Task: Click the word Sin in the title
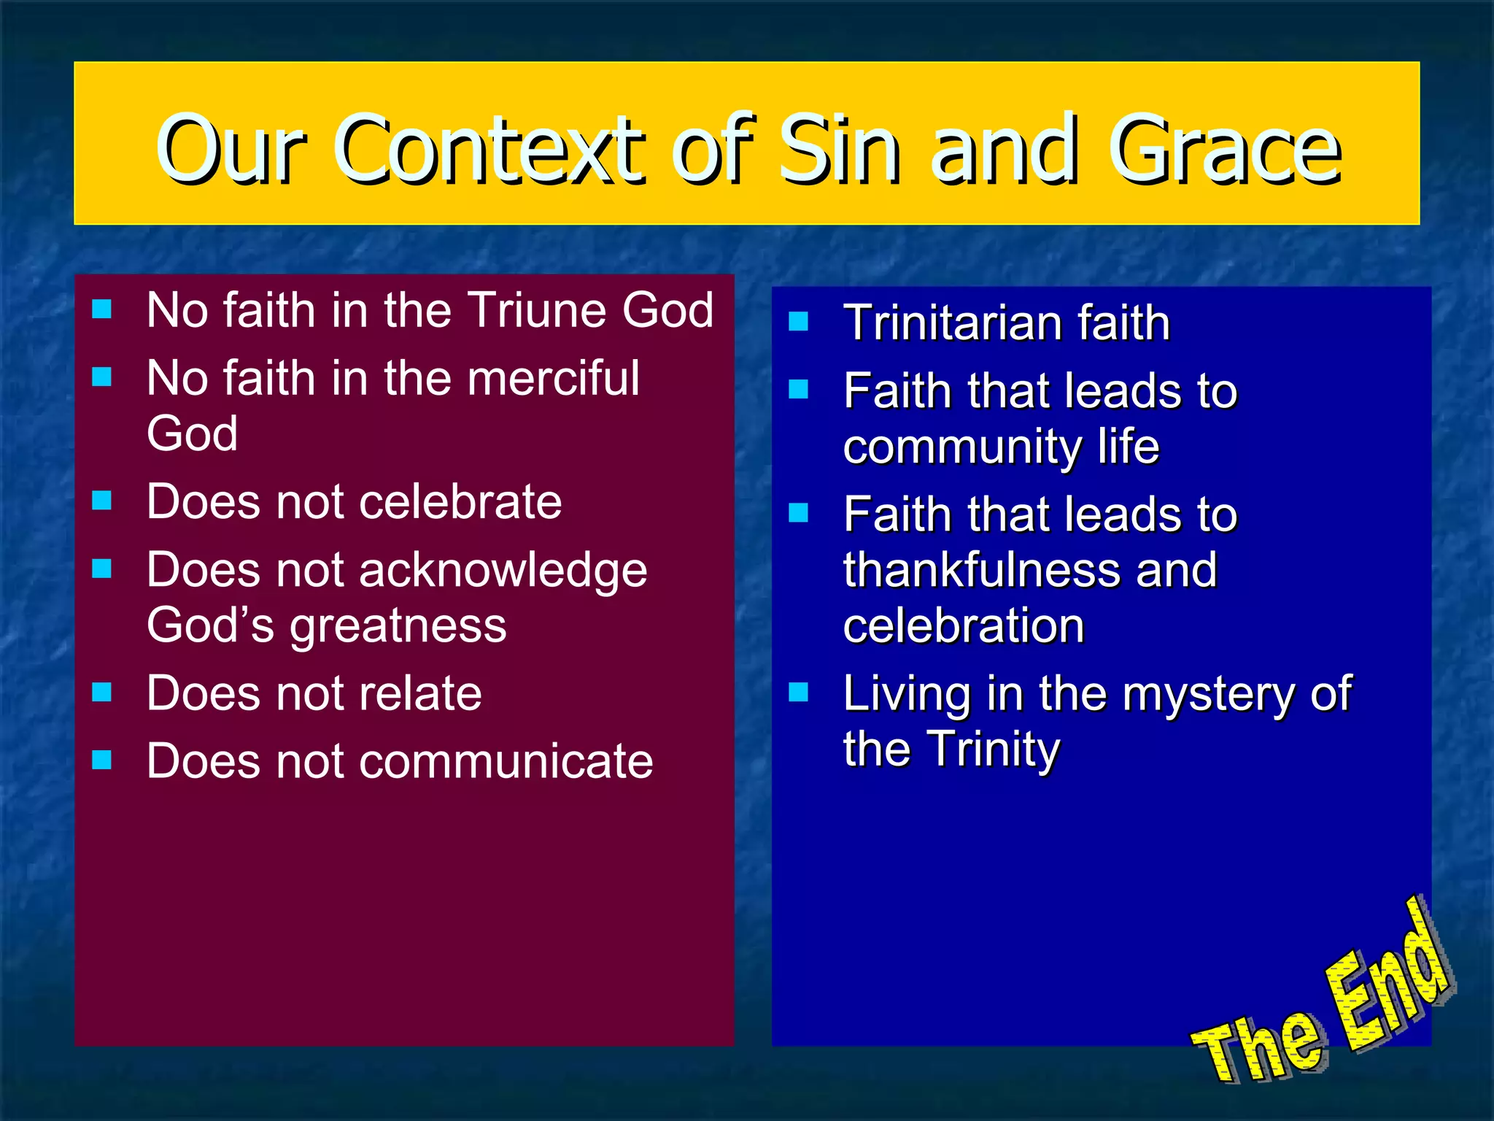click(x=839, y=150)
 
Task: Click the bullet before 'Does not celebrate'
click(x=102, y=501)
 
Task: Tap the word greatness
click(x=398, y=626)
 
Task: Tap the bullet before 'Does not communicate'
click(x=102, y=760)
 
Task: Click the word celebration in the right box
click(x=963, y=626)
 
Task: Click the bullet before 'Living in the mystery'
click(x=799, y=692)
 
